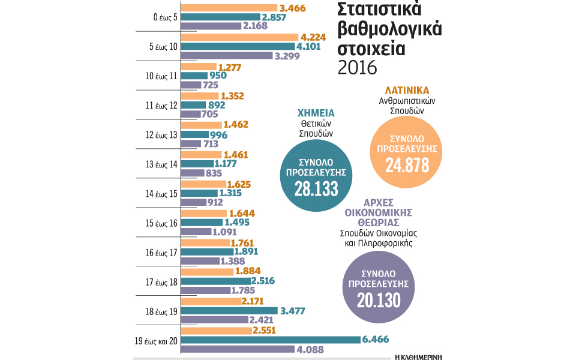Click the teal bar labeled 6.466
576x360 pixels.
pos(270,340)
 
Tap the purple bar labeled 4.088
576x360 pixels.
pos(237,349)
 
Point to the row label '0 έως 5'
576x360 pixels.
pos(164,17)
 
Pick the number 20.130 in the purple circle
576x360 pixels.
pos(377,300)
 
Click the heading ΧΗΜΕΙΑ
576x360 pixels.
pos(316,113)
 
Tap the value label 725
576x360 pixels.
pos(211,86)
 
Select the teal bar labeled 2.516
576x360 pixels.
pos(215,281)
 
